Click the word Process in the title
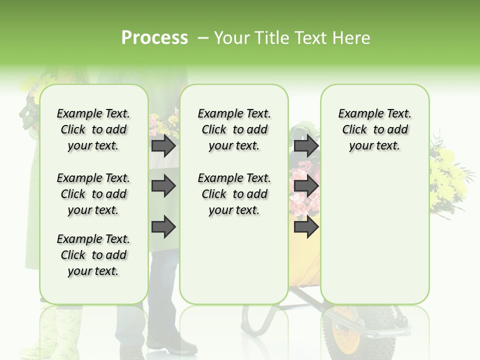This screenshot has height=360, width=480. coord(154,37)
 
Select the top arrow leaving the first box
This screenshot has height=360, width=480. coord(163,146)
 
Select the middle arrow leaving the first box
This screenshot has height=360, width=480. coord(163,186)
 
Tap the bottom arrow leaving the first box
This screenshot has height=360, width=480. coord(163,227)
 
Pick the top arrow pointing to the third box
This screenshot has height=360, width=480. coord(306,146)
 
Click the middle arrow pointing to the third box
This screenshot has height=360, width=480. coord(306,186)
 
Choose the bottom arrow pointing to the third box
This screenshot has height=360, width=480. coord(306,227)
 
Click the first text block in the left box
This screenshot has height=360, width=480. coord(93,129)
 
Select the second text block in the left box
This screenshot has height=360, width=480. coord(93,193)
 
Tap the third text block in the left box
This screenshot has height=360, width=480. coord(93,255)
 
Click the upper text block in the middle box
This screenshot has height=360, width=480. coord(234,129)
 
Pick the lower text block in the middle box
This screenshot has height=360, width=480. coord(234,193)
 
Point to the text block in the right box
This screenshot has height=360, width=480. coord(374,129)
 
